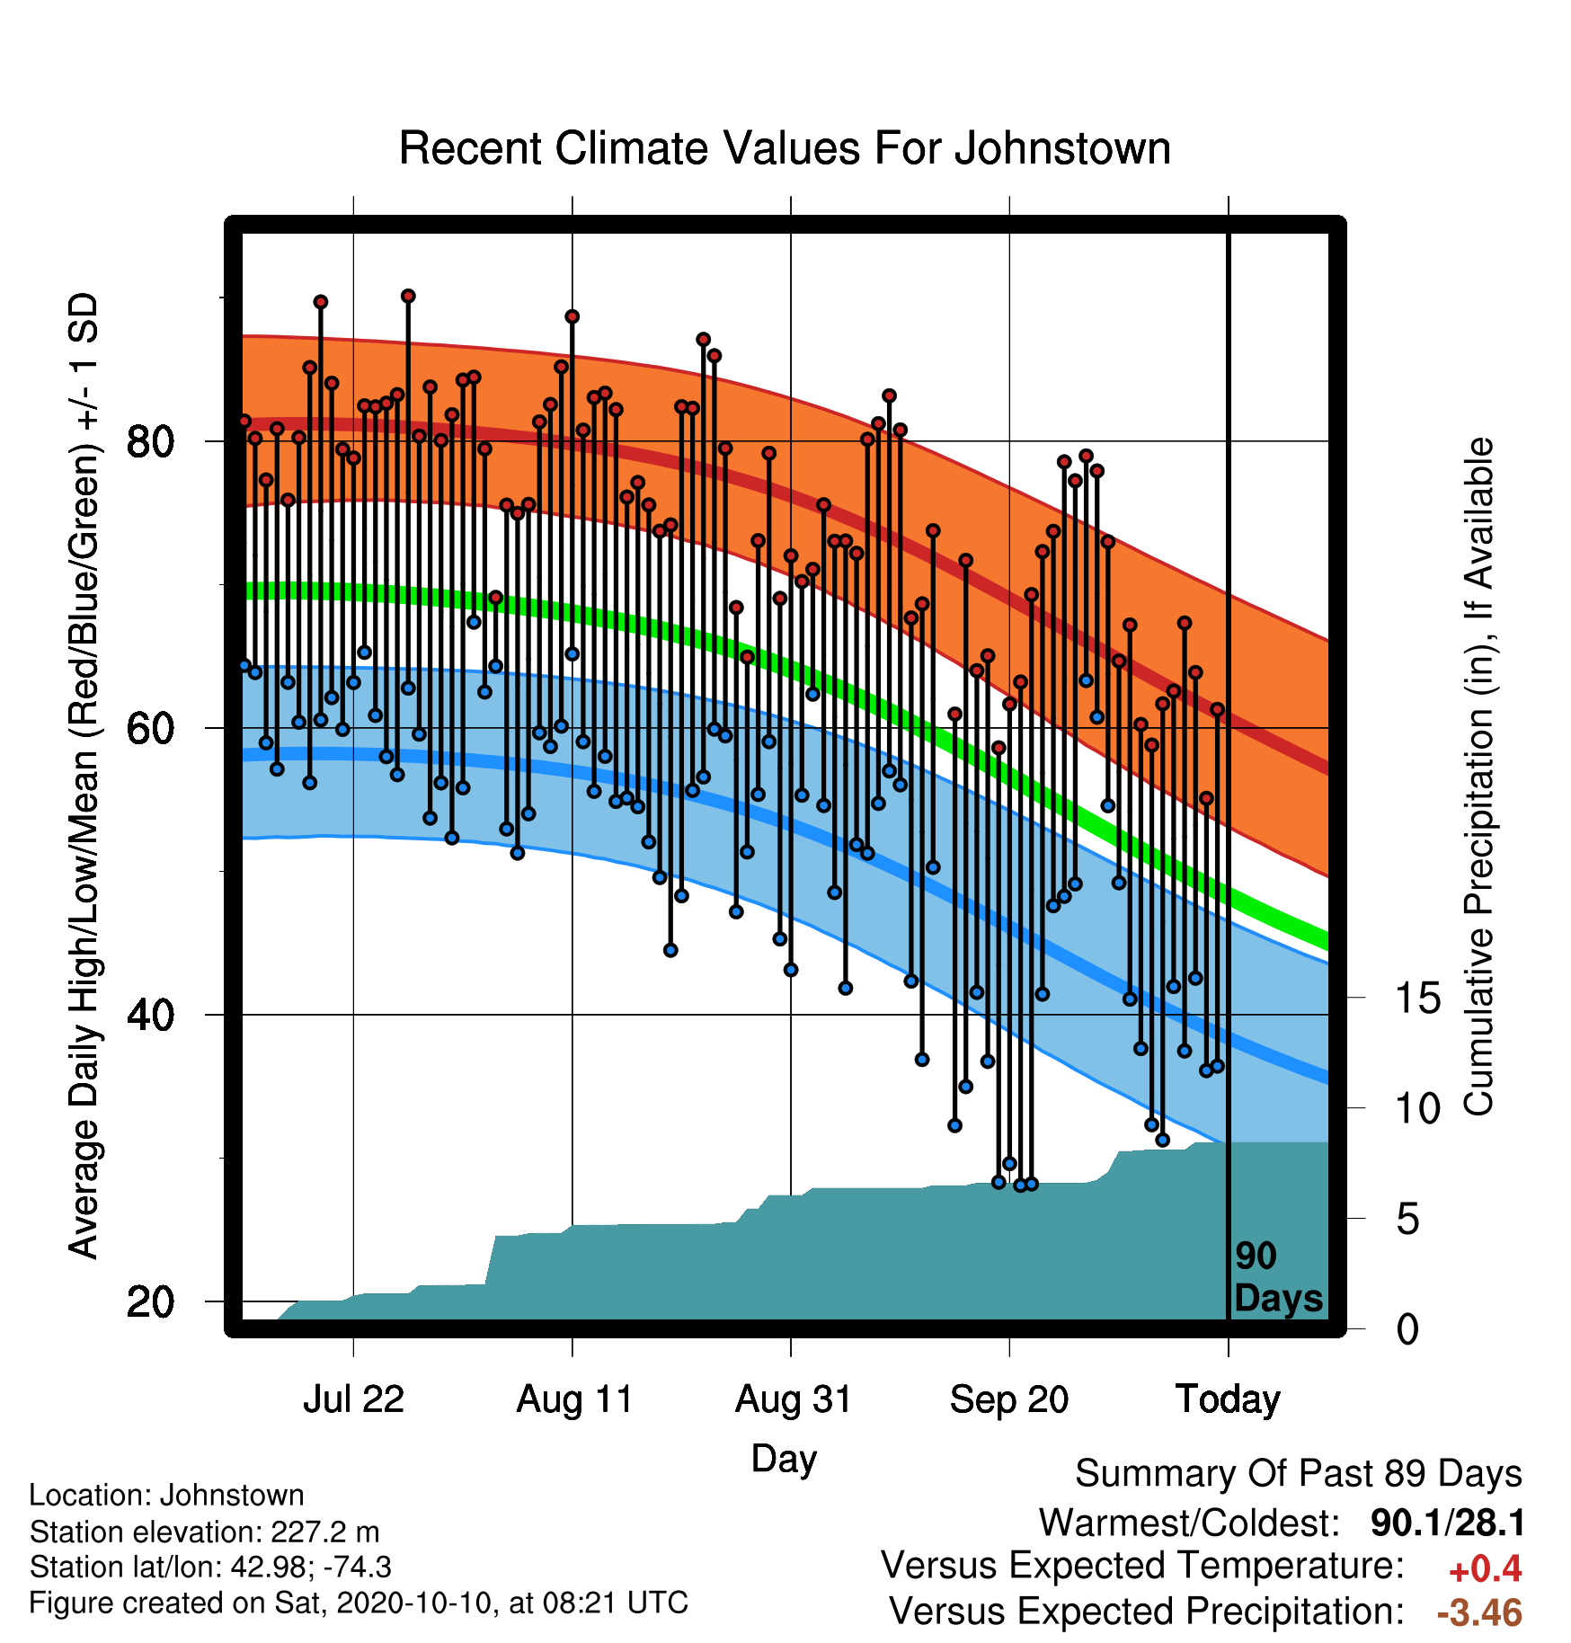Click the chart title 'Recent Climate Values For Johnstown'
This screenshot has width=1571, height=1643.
pyautogui.click(x=785, y=148)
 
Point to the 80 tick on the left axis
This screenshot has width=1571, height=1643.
pyautogui.click(x=150, y=441)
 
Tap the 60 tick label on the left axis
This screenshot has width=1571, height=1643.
pyautogui.click(x=150, y=728)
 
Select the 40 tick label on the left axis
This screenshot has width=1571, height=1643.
pyautogui.click(x=150, y=1015)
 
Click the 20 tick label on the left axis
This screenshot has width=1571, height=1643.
pyautogui.click(x=150, y=1301)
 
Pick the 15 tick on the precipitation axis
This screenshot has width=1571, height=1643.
pyautogui.click(x=1417, y=998)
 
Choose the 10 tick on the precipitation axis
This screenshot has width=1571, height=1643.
pyautogui.click(x=1417, y=1108)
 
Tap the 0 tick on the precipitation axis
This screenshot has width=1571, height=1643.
pyautogui.click(x=1407, y=1328)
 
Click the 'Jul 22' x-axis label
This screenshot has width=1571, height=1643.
pyautogui.click(x=353, y=1399)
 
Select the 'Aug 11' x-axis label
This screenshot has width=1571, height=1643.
pyautogui.click(x=574, y=1399)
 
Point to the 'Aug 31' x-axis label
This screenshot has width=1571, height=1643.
pyautogui.click(x=793, y=1399)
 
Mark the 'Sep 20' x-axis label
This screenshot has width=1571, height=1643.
pyautogui.click(x=1009, y=1399)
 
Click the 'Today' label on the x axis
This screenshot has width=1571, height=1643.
pyautogui.click(x=1228, y=1399)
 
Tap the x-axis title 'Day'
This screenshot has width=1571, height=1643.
pyautogui.click(x=784, y=1460)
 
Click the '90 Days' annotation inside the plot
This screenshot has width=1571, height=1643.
pyautogui.click(x=1278, y=1277)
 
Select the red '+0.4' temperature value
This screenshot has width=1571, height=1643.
pyautogui.click(x=1485, y=1569)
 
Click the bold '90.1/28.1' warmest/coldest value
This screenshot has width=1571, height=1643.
pyautogui.click(x=1447, y=1523)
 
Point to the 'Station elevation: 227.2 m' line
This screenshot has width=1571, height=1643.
pyautogui.click(x=204, y=1532)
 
